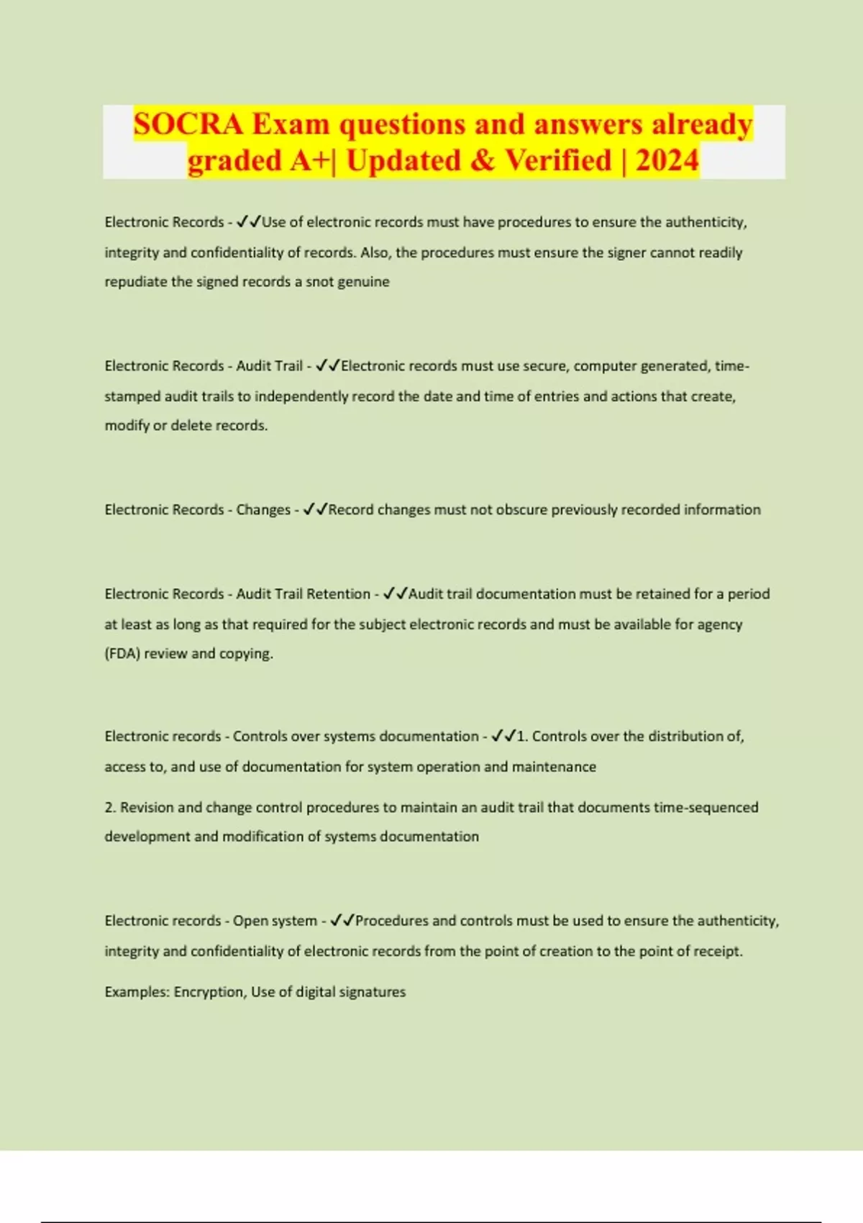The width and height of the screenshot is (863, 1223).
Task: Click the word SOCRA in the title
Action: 188,124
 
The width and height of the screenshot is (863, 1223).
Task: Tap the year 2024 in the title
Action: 667,160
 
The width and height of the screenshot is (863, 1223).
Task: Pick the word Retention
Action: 337,594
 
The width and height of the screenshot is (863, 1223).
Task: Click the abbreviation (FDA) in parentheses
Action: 122,654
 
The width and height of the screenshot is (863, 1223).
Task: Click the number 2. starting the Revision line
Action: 110,808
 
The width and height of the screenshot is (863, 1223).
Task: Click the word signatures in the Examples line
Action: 372,992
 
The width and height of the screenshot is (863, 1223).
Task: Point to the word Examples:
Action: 137,992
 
